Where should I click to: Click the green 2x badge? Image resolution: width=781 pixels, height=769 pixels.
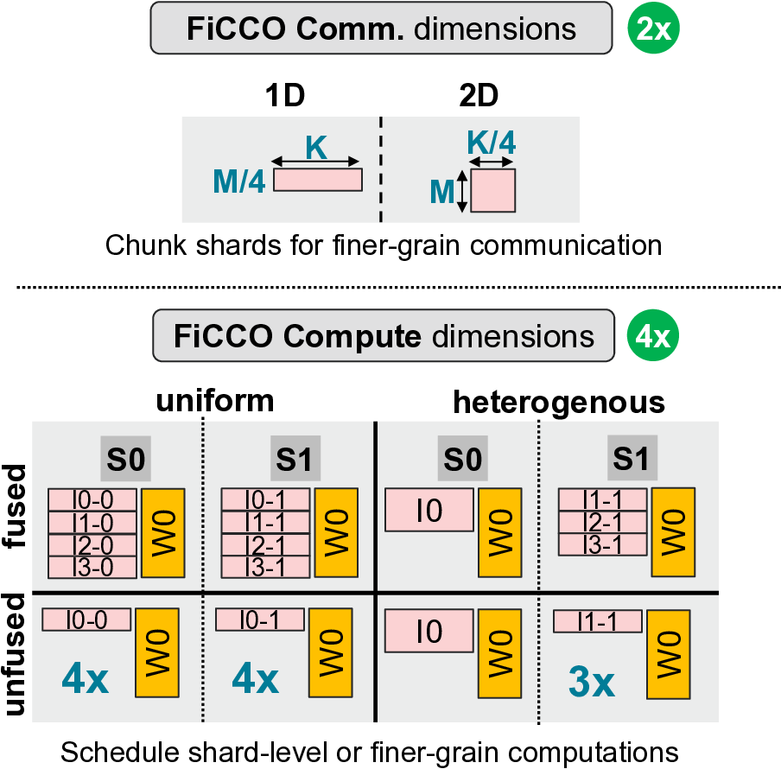(x=654, y=29)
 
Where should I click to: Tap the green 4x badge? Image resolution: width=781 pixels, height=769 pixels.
(x=654, y=336)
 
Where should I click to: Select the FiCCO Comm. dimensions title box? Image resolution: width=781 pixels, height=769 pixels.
(x=380, y=29)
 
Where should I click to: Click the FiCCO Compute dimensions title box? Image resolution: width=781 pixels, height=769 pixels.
(x=380, y=336)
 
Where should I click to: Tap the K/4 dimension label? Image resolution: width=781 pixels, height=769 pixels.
(x=492, y=142)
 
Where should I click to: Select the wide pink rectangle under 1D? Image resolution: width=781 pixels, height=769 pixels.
(x=318, y=180)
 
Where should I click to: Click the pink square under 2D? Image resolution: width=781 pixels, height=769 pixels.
(x=492, y=190)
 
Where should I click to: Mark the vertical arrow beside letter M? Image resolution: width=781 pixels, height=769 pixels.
(x=462, y=191)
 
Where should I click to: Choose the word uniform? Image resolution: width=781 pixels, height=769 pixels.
(x=215, y=401)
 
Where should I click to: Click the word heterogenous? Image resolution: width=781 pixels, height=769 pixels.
(x=559, y=403)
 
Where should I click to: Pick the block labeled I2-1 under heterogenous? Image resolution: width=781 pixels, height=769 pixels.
(x=602, y=523)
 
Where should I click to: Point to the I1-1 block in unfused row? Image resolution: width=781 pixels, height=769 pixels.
(x=597, y=621)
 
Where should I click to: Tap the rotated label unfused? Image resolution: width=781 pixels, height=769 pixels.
(x=17, y=659)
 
